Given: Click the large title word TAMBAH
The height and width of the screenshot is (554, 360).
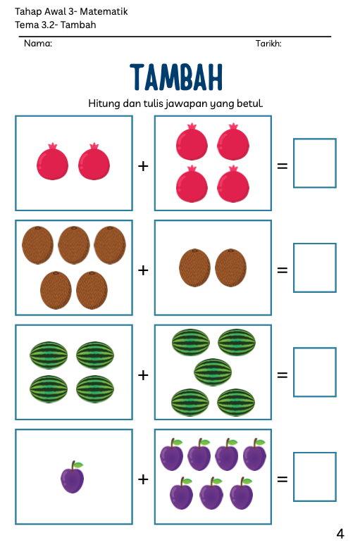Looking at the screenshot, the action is point(176,77).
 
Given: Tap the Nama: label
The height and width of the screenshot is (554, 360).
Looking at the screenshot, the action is point(38,44).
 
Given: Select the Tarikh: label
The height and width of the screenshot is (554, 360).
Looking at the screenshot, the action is point(268,44).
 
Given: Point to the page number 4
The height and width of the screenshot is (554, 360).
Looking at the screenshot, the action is point(340,534).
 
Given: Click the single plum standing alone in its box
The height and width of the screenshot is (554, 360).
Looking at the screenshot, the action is point(73,477).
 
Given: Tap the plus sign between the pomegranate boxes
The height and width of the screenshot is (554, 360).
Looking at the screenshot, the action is point(143,166).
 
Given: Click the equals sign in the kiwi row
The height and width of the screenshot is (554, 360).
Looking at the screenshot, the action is point(283,270).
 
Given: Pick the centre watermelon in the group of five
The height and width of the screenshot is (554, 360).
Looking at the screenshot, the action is point(213,372).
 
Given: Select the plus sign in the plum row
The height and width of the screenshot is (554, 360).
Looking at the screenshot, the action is point(143,479).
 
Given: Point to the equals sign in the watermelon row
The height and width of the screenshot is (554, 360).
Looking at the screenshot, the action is point(283,375).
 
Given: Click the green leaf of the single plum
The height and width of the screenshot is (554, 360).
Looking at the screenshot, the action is point(78,465).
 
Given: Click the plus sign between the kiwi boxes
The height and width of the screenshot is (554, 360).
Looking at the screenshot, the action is point(143,270).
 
